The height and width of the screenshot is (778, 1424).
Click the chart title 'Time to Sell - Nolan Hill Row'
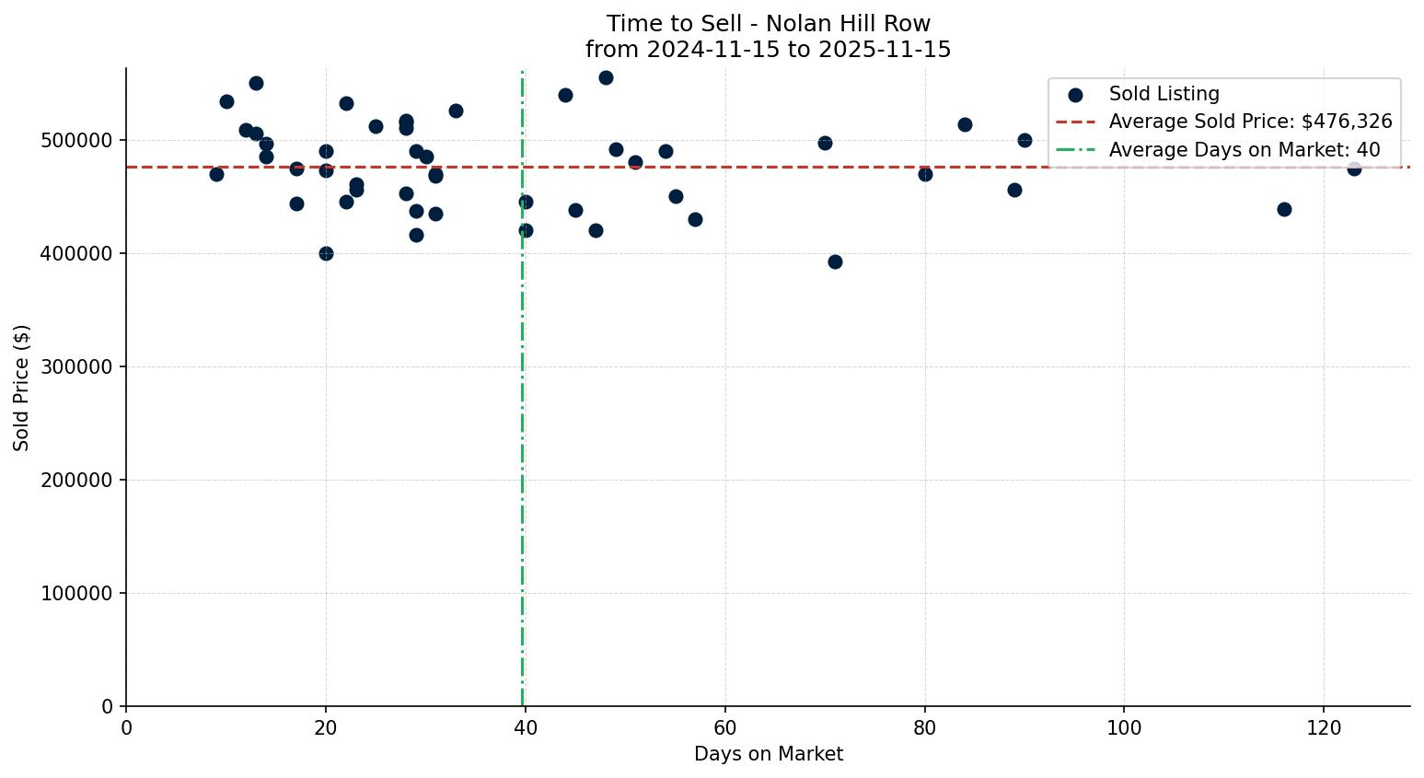(x=768, y=24)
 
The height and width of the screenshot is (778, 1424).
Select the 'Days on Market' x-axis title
(x=768, y=754)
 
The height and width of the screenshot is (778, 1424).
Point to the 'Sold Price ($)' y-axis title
(x=22, y=388)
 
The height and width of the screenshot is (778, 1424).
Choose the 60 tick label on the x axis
(x=724, y=727)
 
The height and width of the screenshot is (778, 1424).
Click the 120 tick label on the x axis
(x=1324, y=727)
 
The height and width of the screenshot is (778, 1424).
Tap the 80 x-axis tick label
(x=924, y=727)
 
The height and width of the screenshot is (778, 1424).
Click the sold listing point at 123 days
(x=1354, y=168)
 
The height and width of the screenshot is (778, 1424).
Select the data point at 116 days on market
(x=1284, y=209)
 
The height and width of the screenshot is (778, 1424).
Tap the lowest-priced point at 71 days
(x=835, y=261)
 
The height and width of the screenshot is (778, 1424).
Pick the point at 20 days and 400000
(x=326, y=253)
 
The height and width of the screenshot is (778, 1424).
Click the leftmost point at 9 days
(x=216, y=174)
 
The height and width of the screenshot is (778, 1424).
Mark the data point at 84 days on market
(x=965, y=124)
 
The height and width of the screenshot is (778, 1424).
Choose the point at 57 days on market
(x=695, y=219)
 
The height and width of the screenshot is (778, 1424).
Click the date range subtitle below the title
(x=768, y=50)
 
